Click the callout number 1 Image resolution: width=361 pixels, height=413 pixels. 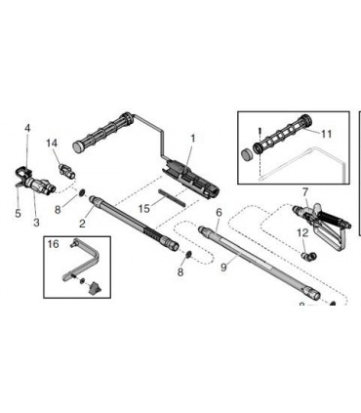[x=193, y=139]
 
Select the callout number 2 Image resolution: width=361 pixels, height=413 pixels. [x=82, y=224]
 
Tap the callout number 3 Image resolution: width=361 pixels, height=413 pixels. [x=37, y=224]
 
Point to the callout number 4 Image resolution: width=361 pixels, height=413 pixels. [x=27, y=128]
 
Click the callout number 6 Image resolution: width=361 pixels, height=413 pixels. [x=219, y=212]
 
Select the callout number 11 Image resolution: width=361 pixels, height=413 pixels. [x=327, y=133]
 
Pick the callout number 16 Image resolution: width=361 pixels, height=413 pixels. [x=54, y=244]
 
